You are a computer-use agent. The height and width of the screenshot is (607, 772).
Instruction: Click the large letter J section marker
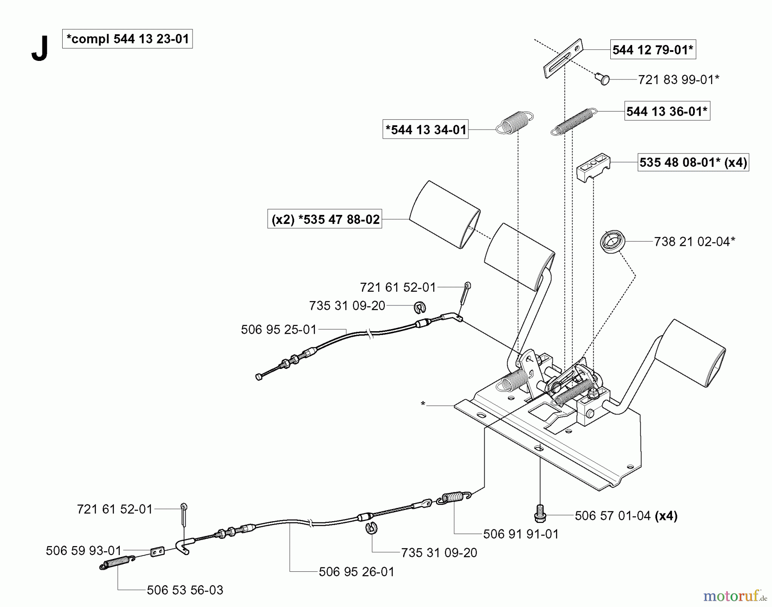[39, 49]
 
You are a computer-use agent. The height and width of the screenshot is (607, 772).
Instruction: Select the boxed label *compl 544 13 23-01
[127, 39]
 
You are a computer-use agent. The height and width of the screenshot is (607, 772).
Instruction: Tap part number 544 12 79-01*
[652, 50]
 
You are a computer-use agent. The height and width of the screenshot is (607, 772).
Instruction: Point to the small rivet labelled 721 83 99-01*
[603, 79]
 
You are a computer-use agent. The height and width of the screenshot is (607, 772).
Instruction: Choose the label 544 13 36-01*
[666, 112]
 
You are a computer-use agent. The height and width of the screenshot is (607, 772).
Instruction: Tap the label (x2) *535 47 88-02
[325, 219]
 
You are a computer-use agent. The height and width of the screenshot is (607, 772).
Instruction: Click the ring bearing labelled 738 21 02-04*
[612, 242]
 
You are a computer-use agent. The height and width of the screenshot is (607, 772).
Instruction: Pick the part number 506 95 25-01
[278, 329]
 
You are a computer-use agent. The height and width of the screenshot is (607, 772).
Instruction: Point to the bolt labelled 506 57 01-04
[540, 513]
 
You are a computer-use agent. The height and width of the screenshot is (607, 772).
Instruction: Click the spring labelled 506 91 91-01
[454, 497]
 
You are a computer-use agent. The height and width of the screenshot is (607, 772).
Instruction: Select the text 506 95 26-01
[356, 571]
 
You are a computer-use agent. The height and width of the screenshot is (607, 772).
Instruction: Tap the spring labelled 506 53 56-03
[117, 562]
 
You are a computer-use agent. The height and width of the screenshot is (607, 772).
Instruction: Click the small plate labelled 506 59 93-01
[157, 551]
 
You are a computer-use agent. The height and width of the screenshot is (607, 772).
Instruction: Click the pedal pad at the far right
[693, 353]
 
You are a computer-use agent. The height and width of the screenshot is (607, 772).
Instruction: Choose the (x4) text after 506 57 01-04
[666, 516]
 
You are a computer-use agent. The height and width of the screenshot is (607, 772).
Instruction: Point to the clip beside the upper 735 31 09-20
[420, 307]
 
